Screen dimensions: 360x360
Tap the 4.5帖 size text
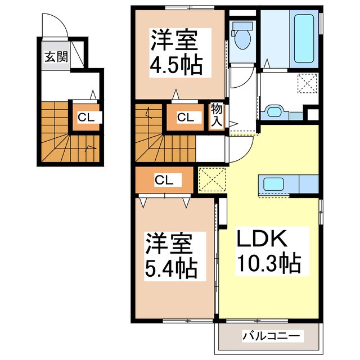point(175,66)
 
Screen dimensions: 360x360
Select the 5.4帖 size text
point(172,269)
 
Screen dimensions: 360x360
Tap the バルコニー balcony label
point(272,336)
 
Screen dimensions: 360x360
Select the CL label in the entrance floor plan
point(85,118)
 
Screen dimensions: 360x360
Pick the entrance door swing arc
point(53,27)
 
